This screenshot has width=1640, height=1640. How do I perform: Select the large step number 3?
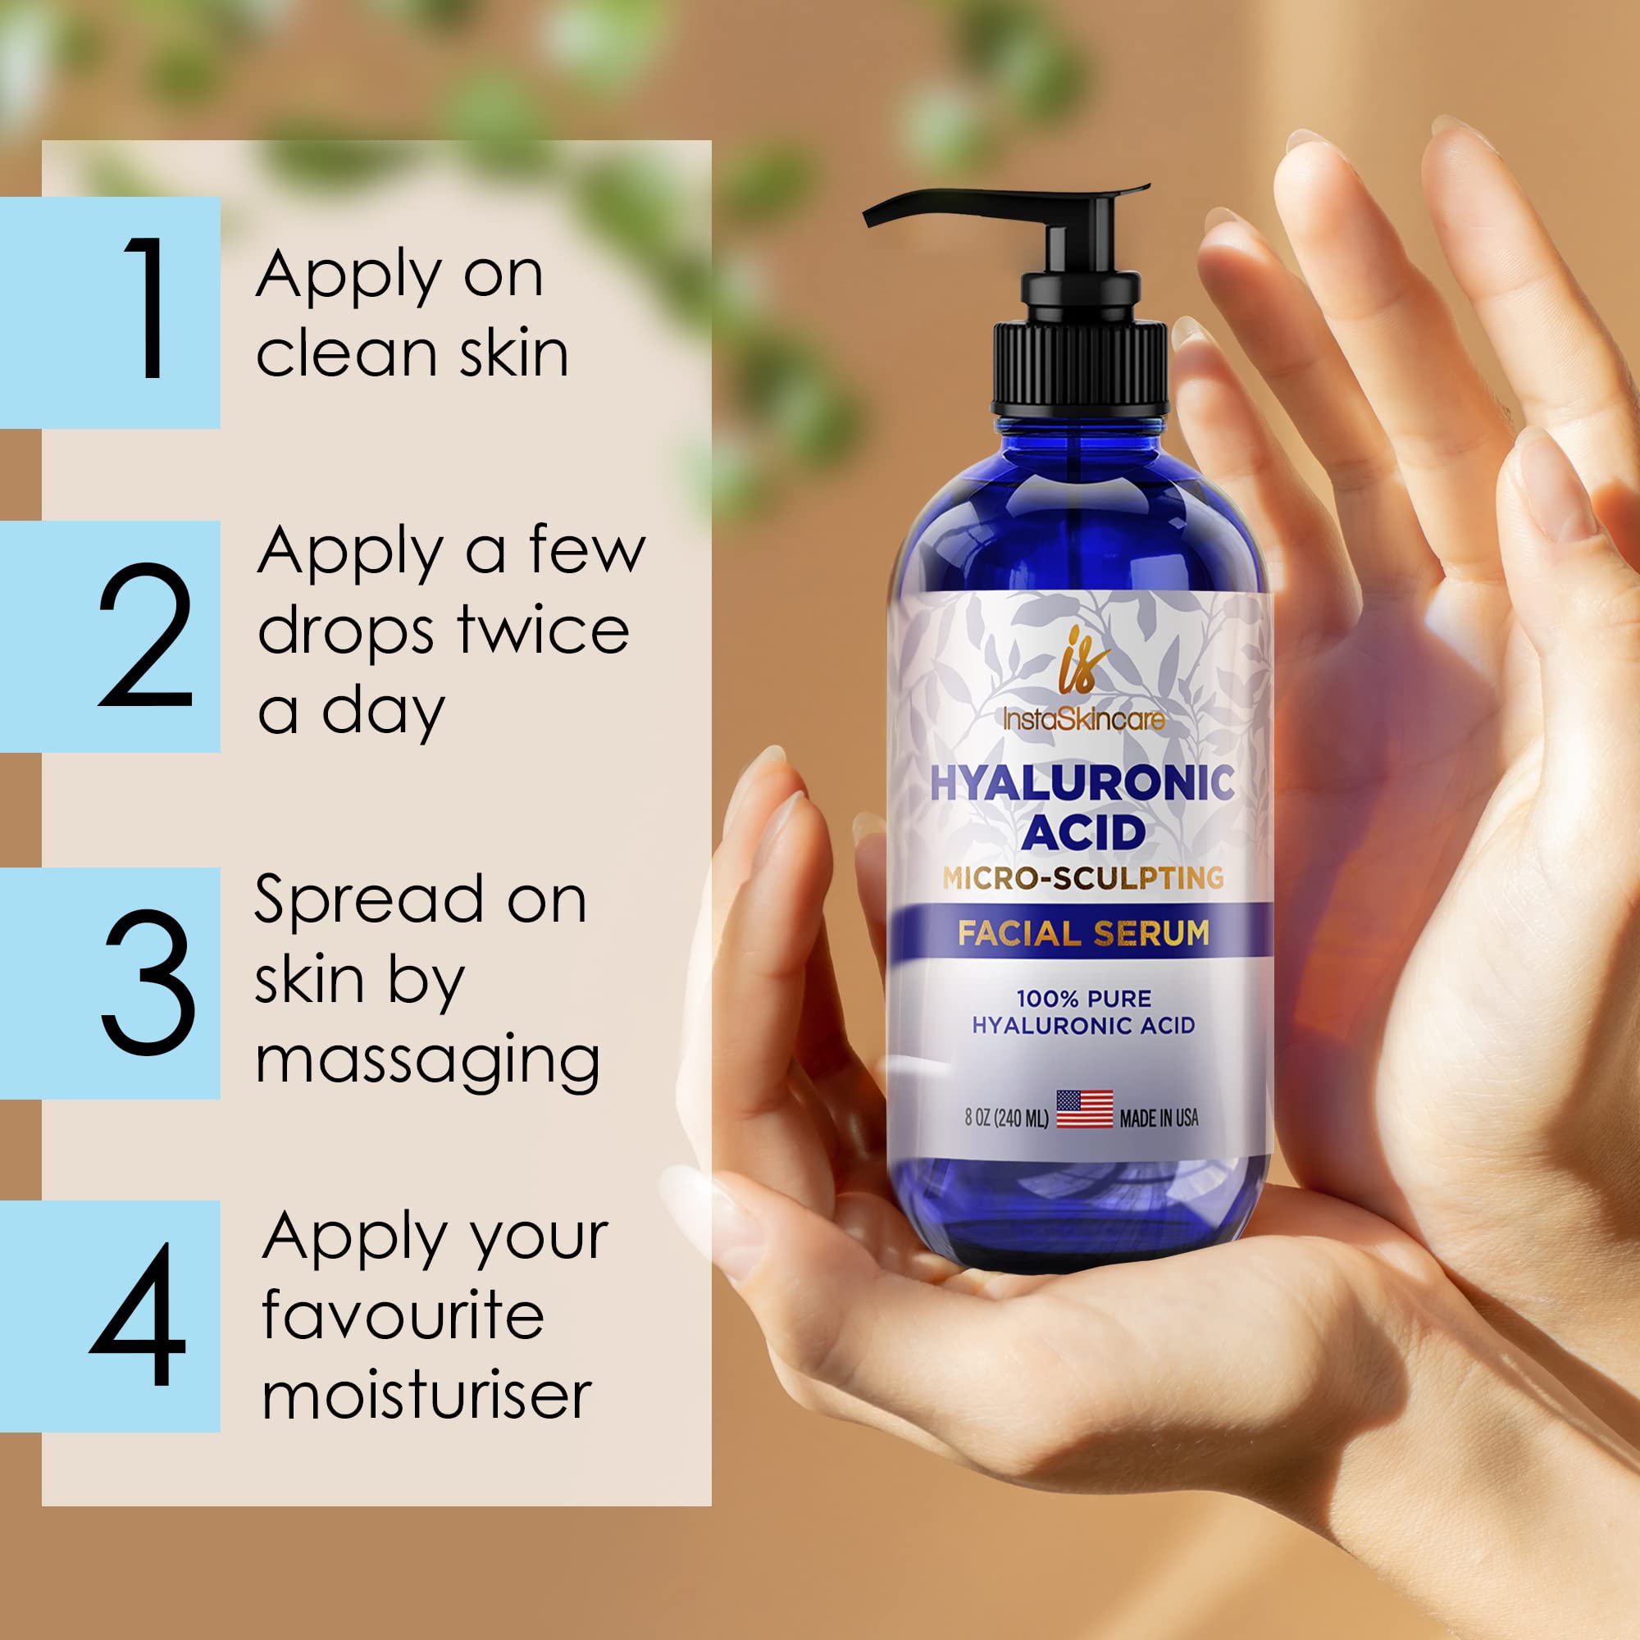[x=148, y=982]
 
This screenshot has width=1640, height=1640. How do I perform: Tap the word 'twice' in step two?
[x=544, y=630]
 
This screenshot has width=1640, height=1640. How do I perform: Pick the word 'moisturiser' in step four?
[x=426, y=1396]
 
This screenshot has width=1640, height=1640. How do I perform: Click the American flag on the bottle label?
[x=1084, y=1109]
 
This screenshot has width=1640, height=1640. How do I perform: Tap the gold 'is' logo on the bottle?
[x=1080, y=658]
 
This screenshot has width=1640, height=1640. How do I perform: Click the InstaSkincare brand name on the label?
[x=1083, y=720]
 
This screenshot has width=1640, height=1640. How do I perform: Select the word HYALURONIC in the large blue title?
[x=1082, y=782]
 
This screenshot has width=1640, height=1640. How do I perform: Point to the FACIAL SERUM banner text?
[x=1083, y=934]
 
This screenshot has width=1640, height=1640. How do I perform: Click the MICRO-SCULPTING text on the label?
[x=1082, y=877]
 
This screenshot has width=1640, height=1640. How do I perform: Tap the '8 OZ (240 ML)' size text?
[x=1006, y=1118]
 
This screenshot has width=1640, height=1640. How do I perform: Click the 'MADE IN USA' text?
[x=1159, y=1118]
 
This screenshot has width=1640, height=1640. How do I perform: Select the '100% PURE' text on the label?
[x=1083, y=998]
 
